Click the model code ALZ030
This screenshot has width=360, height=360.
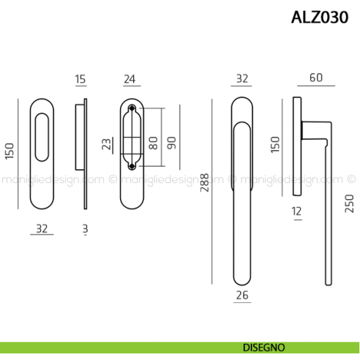[x=318, y=17]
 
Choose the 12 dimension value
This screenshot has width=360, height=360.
[x=296, y=213]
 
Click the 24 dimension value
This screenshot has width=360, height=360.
[x=130, y=79]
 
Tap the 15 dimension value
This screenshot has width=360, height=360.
[x=80, y=79]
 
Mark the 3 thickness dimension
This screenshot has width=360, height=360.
[x=85, y=229]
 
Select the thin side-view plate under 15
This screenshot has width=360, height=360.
[x=86, y=154]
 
